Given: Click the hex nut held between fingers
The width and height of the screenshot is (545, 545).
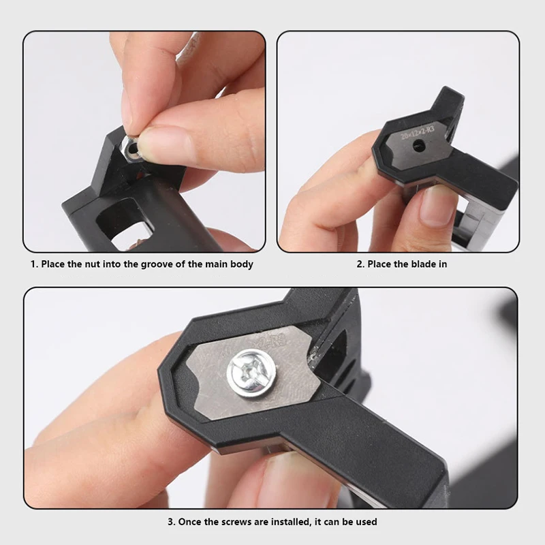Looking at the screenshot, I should tap(132, 146).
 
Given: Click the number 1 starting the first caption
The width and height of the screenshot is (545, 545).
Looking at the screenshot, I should tap(33, 264).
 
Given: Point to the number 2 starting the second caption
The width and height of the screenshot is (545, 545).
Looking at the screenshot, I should tap(360, 264).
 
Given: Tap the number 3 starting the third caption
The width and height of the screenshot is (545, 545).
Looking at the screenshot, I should tap(170, 523).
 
